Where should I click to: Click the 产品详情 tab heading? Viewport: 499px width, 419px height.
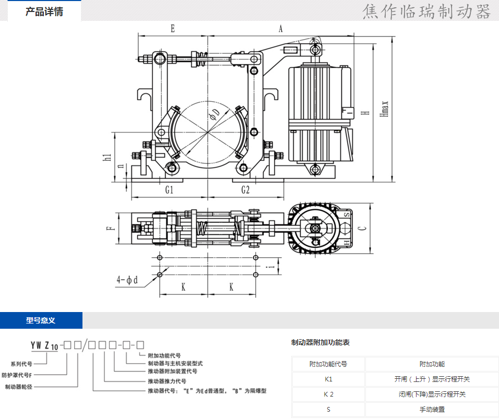(x=44, y=11)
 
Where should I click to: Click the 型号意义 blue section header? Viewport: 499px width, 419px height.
(x=41, y=320)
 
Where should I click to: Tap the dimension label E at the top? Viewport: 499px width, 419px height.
(x=173, y=29)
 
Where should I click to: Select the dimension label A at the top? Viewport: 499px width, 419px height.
(x=280, y=29)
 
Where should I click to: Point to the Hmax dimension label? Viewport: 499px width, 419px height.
(x=385, y=109)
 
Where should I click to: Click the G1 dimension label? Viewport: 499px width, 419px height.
(x=169, y=190)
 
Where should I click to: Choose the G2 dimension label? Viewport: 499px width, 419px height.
(x=245, y=190)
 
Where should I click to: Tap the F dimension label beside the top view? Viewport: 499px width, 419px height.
(x=109, y=228)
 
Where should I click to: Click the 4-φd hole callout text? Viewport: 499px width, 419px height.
(x=127, y=280)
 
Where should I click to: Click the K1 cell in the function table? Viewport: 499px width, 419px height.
(x=328, y=379)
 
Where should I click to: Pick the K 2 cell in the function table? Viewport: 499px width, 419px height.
(x=328, y=394)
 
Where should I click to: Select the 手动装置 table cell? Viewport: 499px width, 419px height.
(x=432, y=410)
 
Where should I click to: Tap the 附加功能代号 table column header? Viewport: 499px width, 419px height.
(x=328, y=364)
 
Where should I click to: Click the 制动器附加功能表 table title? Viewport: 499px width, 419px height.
(x=320, y=343)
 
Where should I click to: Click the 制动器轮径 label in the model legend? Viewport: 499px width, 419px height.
(x=20, y=387)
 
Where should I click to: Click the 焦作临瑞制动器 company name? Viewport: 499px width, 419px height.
(x=427, y=11)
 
